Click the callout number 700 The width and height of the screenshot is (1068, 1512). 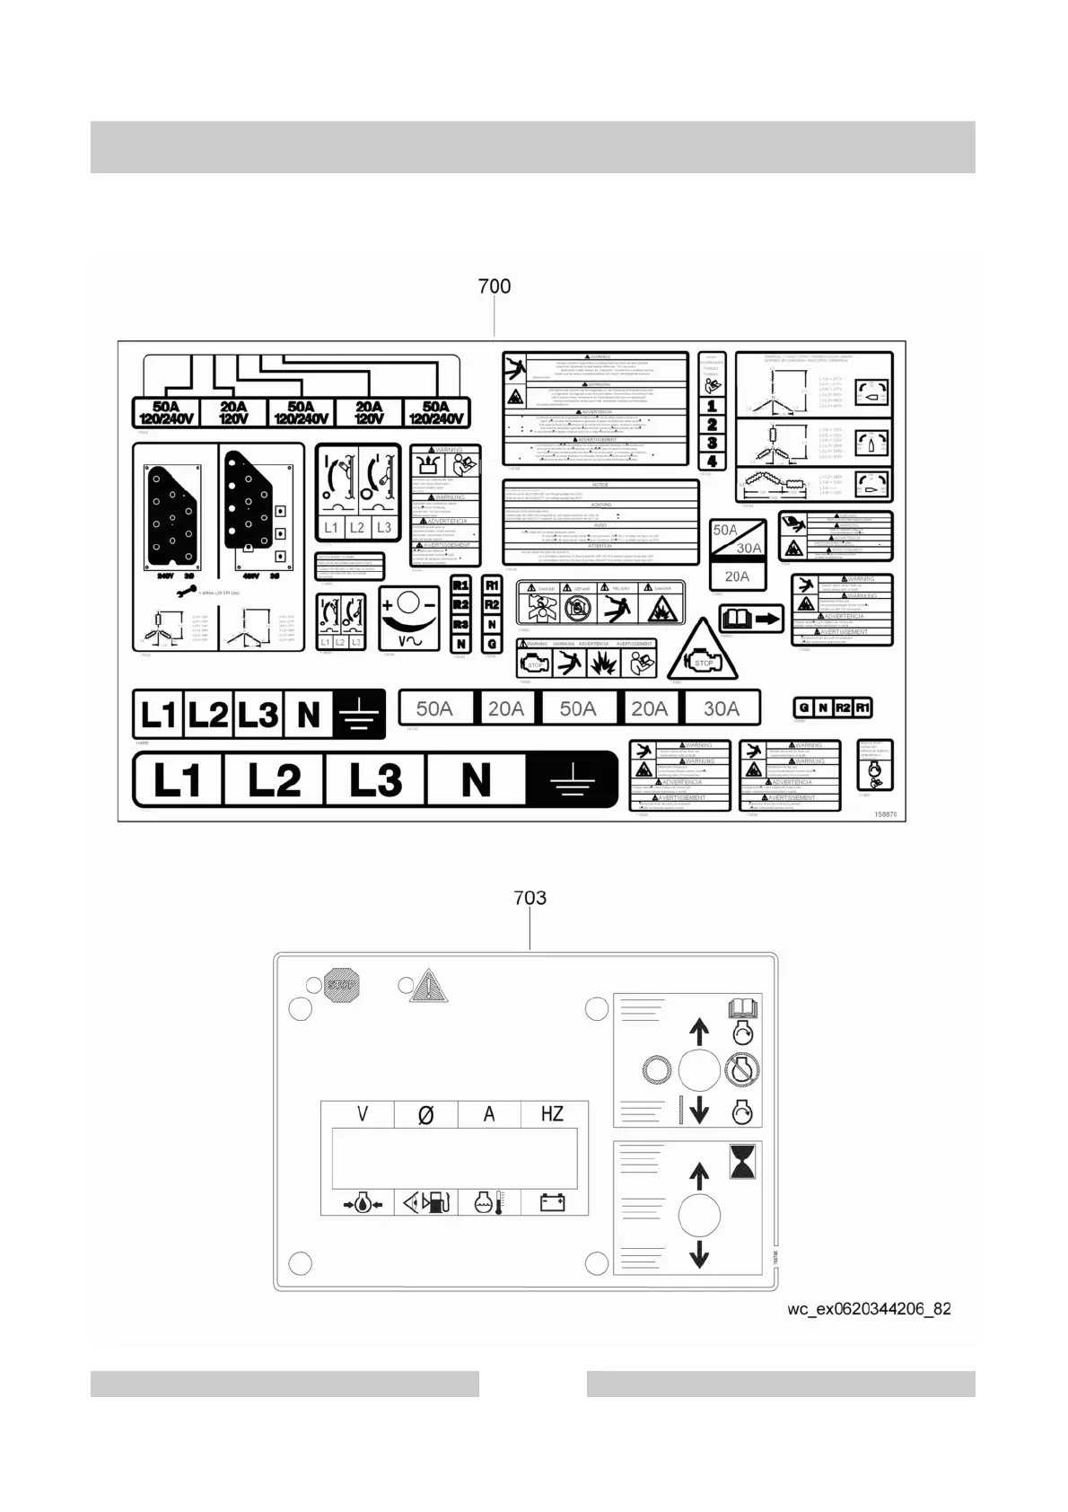tap(495, 286)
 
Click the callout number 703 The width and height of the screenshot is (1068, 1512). tap(530, 898)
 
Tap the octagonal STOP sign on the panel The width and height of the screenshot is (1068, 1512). tap(340, 985)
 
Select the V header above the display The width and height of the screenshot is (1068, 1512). tap(363, 1114)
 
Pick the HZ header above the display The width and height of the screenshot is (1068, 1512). tap(552, 1114)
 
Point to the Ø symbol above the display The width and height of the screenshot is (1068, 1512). tap(426, 1115)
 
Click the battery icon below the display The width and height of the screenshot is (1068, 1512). tap(552, 1202)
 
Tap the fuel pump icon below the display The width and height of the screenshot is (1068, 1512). tap(426, 1202)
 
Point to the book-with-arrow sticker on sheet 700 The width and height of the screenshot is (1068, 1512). tap(751, 619)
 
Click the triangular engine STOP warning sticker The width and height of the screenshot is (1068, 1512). tap(703, 651)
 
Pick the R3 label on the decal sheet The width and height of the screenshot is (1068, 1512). tap(461, 624)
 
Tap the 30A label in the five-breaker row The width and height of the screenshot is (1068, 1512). tap(722, 708)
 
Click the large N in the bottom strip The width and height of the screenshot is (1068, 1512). tap(476, 778)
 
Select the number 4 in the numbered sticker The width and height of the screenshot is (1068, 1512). tap(712, 462)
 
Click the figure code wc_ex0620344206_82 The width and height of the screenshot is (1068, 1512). tap(869, 1308)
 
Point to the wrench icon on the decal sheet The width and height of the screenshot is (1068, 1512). tap(187, 592)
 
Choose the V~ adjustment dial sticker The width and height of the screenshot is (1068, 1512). tap(409, 618)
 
